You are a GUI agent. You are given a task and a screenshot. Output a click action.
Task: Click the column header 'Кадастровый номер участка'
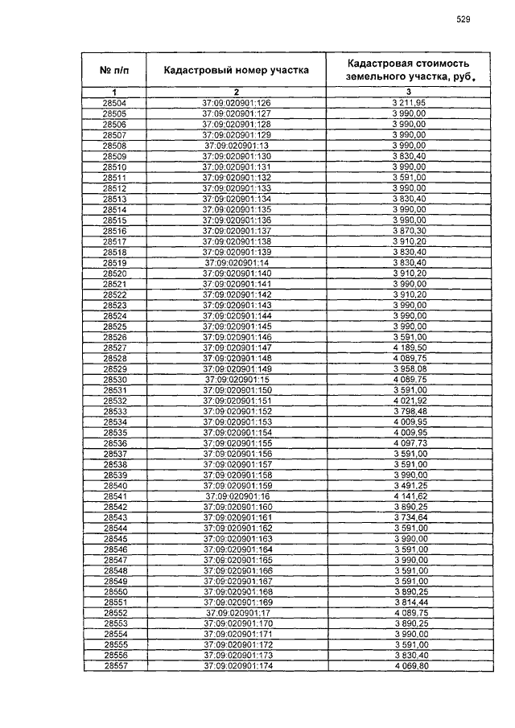(x=236, y=70)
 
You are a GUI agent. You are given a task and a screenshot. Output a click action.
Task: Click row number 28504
(x=115, y=104)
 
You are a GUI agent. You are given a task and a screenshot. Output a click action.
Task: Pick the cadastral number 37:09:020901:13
(x=237, y=146)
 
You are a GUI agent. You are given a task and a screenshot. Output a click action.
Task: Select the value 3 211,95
(x=409, y=104)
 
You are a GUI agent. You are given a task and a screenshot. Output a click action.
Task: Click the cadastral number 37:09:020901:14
(x=237, y=263)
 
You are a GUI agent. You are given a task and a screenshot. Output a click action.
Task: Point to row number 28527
(x=115, y=347)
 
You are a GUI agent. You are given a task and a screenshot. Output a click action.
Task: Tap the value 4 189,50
(x=409, y=347)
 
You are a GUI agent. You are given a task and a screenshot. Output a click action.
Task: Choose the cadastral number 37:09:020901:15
(x=237, y=379)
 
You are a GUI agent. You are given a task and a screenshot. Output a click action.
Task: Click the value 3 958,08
(x=409, y=368)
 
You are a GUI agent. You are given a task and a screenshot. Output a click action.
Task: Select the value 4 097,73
(x=409, y=443)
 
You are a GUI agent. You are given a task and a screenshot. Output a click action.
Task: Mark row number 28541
(x=115, y=496)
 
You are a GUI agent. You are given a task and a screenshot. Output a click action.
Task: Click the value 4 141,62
(x=409, y=496)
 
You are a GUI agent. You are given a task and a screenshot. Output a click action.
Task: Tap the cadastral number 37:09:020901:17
(x=237, y=613)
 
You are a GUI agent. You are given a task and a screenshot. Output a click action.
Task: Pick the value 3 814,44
(x=409, y=603)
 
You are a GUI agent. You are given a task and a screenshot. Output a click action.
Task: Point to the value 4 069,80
(x=409, y=666)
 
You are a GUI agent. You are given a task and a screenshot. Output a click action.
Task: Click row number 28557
(x=115, y=666)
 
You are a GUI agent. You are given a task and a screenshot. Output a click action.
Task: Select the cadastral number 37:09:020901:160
(x=237, y=507)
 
